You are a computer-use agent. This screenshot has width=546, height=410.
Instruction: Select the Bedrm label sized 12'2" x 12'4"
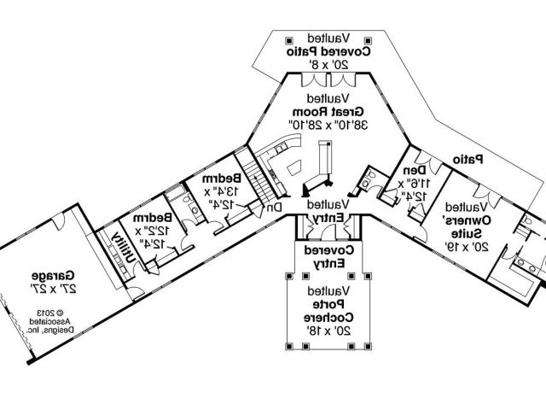click(152, 219)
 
